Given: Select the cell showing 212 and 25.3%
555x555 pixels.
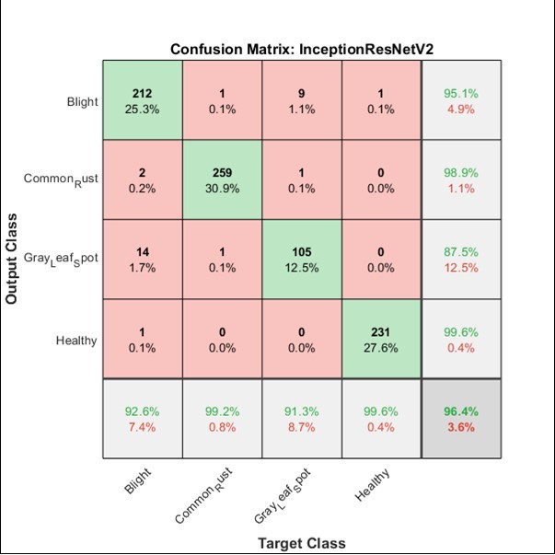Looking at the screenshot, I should point(141,100).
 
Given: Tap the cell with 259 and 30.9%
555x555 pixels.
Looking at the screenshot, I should point(221,179).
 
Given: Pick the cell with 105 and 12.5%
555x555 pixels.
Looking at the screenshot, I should point(301,259).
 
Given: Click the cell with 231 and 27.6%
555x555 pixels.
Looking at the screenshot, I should point(380,339).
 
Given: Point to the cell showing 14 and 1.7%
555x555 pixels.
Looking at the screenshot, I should point(141,259).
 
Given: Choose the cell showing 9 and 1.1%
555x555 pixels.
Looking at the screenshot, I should point(301,100).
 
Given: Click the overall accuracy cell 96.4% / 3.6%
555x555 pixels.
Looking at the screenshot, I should point(460,419).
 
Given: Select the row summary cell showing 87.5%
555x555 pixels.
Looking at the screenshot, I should point(460,259).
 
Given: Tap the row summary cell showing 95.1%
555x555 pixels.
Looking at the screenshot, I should point(460,100).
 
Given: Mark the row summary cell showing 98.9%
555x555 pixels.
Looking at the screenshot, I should point(460,179).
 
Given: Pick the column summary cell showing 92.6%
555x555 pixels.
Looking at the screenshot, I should point(141,419).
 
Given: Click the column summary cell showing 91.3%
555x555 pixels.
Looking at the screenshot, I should point(301,419).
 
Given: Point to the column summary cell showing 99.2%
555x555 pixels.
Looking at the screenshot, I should point(221,419).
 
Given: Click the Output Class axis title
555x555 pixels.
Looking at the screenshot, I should point(13,260).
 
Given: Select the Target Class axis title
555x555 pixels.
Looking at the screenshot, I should point(300,542).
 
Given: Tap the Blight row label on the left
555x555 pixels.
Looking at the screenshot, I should point(82,101).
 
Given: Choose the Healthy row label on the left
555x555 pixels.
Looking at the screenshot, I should point(76,340).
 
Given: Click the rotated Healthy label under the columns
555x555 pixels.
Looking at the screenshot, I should point(372,486).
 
